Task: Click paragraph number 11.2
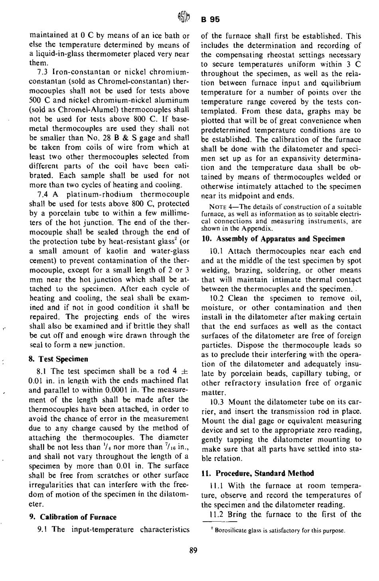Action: pyautogui.click(x=216, y=514)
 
